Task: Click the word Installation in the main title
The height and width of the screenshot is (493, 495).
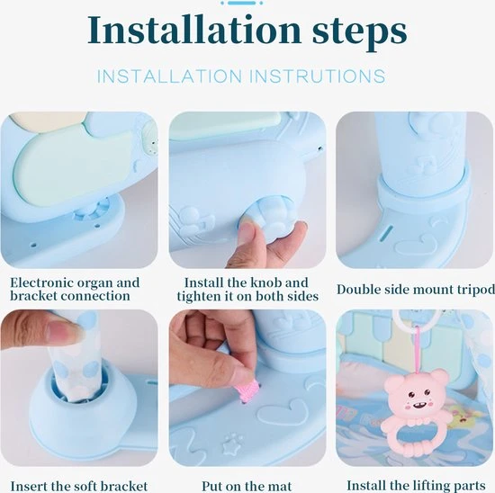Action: pyautogui.click(x=193, y=29)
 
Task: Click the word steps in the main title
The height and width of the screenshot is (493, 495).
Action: pyautogui.click(x=360, y=32)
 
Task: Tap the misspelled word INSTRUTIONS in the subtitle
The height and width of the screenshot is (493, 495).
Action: pyautogui.click(x=319, y=76)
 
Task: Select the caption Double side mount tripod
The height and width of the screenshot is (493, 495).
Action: pyautogui.click(x=416, y=289)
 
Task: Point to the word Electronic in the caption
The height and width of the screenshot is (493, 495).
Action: pyautogui.click(x=41, y=282)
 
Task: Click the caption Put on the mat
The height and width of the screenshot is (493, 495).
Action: pyautogui.click(x=247, y=486)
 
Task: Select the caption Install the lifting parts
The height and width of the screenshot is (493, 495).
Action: pyautogui.click(x=416, y=486)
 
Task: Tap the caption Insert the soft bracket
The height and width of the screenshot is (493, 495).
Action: pyautogui.click(x=79, y=487)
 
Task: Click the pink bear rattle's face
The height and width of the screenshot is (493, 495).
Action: pyautogui.click(x=417, y=396)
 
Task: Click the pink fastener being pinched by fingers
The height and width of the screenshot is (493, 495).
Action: pyautogui.click(x=248, y=390)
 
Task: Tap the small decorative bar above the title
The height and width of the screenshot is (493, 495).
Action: pyautogui.click(x=241, y=3)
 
